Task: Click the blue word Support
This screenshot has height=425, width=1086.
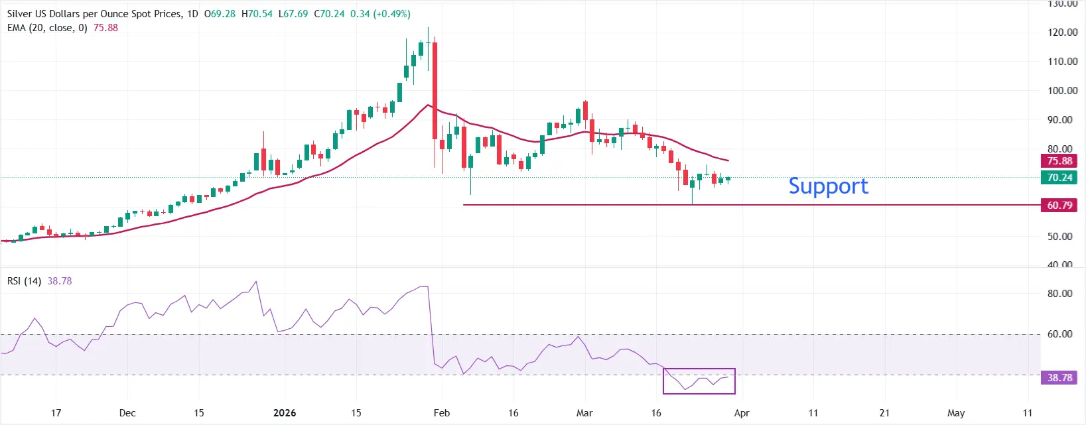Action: pyautogui.click(x=828, y=186)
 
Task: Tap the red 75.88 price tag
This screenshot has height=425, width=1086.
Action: pyautogui.click(x=1059, y=161)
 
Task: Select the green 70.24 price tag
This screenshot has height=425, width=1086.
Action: pyautogui.click(x=1059, y=178)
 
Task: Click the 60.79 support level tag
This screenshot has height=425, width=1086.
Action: pyautogui.click(x=1059, y=206)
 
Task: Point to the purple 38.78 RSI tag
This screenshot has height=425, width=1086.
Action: pyautogui.click(x=1059, y=378)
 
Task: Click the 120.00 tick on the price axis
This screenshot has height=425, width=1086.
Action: pyautogui.click(x=1062, y=32)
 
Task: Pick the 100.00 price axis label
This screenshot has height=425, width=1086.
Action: pyautogui.click(x=1062, y=91)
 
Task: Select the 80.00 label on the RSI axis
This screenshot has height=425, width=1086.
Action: pyautogui.click(x=1059, y=294)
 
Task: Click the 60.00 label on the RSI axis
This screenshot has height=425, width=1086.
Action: pyautogui.click(x=1059, y=334)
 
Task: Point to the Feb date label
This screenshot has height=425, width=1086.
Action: pyautogui.click(x=441, y=413)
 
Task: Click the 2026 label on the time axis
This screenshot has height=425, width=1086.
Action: pyautogui.click(x=285, y=413)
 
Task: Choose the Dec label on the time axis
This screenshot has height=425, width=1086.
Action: pyautogui.click(x=127, y=413)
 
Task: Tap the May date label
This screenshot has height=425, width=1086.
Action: pyautogui.click(x=956, y=413)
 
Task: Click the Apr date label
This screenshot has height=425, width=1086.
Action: pyautogui.click(x=742, y=413)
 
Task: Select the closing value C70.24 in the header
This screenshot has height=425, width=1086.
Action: pyautogui.click(x=329, y=14)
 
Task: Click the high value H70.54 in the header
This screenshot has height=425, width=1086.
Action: pyautogui.click(x=257, y=14)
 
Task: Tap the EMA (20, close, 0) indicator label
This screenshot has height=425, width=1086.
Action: pyautogui.click(x=47, y=28)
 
